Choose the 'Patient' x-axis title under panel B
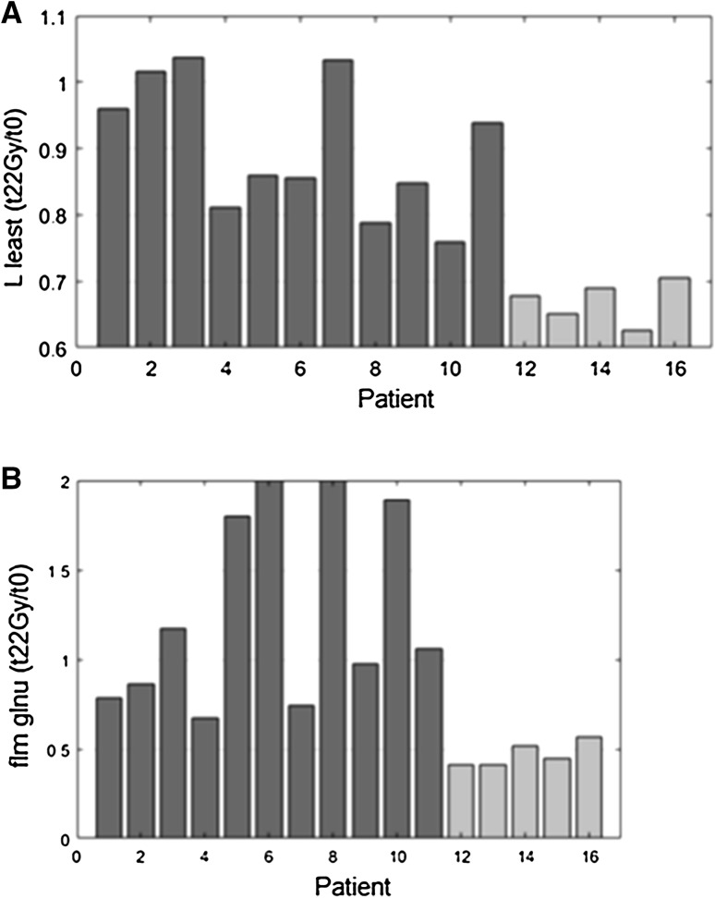point(356,885)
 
